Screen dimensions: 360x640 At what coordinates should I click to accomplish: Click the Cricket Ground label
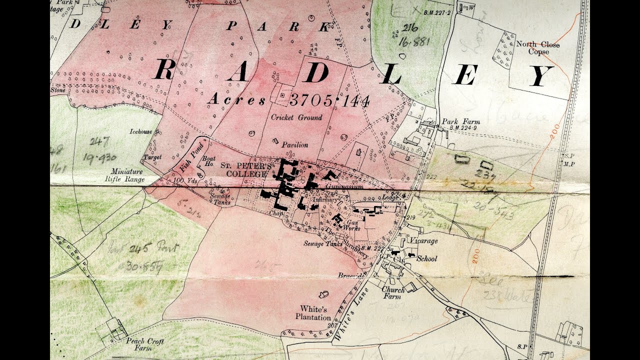[296, 117]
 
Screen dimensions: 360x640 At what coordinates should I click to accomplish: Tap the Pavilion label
[294, 144]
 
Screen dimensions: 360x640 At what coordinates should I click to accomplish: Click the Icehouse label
[140, 132]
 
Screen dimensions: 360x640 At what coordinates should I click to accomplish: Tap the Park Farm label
[460, 121]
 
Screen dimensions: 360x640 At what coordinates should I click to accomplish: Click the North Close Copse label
[537, 48]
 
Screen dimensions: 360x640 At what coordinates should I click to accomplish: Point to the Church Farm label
[392, 293]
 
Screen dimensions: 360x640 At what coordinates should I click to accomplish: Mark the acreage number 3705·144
[329, 100]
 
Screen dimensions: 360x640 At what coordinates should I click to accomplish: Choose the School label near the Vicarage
[426, 258]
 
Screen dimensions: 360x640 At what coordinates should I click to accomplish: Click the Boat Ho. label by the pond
[208, 161]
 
